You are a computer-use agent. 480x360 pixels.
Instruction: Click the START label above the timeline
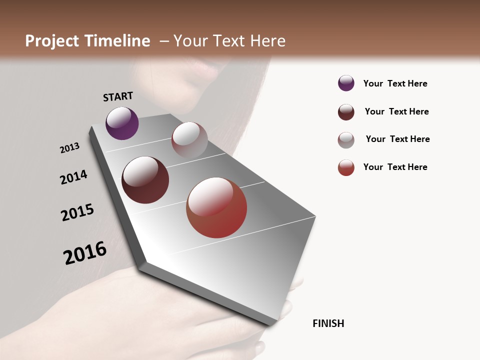[x=118, y=96]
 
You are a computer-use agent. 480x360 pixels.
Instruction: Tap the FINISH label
[x=328, y=323]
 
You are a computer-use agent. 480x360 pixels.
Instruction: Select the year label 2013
[x=70, y=148]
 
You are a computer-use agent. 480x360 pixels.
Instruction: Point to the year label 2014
[x=73, y=177]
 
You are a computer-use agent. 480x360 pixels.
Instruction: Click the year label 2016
[x=85, y=253]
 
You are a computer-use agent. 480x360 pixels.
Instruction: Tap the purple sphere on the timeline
[x=122, y=123]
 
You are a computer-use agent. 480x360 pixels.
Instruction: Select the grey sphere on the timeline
[x=189, y=140]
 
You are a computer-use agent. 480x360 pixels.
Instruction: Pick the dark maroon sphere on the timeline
[x=145, y=180]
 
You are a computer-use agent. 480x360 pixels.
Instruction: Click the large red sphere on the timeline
[x=216, y=207]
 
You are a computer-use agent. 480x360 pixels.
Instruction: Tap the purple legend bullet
[x=346, y=83]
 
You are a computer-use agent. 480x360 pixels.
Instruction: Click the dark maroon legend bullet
[x=346, y=112]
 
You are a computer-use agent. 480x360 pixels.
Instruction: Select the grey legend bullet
[x=346, y=140]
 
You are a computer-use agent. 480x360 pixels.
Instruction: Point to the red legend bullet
[x=346, y=167]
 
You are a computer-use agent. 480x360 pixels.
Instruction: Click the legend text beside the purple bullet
[x=395, y=83]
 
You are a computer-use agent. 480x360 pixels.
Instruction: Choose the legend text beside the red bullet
[x=395, y=167]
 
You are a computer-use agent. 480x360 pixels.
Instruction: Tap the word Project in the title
[x=52, y=41]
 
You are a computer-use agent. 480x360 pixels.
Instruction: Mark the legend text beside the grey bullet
[x=397, y=139]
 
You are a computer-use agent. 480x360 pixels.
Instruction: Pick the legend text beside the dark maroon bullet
[x=396, y=111]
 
